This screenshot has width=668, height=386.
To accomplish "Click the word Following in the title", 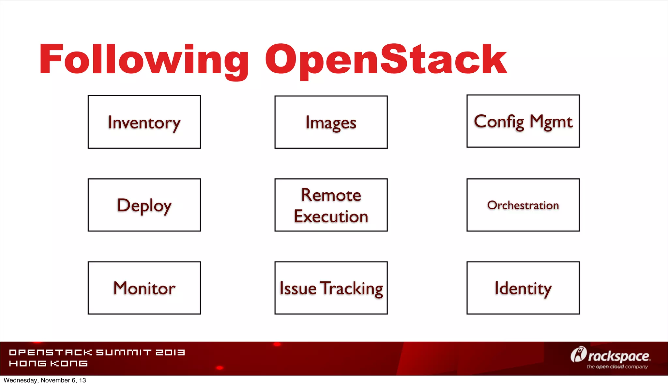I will pyautogui.click(x=144, y=60).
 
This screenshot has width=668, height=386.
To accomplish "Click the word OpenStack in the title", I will pyautogui.click(x=386, y=60).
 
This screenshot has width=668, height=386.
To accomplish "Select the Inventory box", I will pyautogui.click(x=144, y=122).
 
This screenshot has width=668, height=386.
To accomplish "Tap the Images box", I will pyautogui.click(x=331, y=122).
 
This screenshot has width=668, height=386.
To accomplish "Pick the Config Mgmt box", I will pyautogui.click(x=523, y=121).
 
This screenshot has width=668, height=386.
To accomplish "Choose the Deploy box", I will pyautogui.click(x=144, y=205).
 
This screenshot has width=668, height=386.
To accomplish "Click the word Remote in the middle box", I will pyautogui.click(x=331, y=195).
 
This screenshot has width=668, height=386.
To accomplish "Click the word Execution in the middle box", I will pyautogui.click(x=331, y=216).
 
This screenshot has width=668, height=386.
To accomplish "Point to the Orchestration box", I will pyautogui.click(x=523, y=205).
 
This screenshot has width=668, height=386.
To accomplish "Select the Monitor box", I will pyautogui.click(x=144, y=288).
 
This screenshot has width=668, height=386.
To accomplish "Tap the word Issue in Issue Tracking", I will pyautogui.click(x=298, y=289).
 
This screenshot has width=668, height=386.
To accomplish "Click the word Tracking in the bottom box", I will pyautogui.click(x=351, y=289).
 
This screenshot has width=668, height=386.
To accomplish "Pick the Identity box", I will pyautogui.click(x=523, y=288).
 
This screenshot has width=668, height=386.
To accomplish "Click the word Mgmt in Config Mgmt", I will pyautogui.click(x=551, y=122).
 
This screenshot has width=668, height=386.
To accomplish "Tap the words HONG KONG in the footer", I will pyautogui.click(x=48, y=364).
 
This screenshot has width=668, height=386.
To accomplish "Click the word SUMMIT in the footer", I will pyautogui.click(x=124, y=352).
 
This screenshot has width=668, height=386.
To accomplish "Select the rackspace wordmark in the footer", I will pyautogui.click(x=619, y=356).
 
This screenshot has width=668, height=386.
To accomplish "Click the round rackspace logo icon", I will pyautogui.click(x=578, y=354).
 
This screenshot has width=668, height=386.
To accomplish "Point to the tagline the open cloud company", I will pyautogui.click(x=617, y=367).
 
